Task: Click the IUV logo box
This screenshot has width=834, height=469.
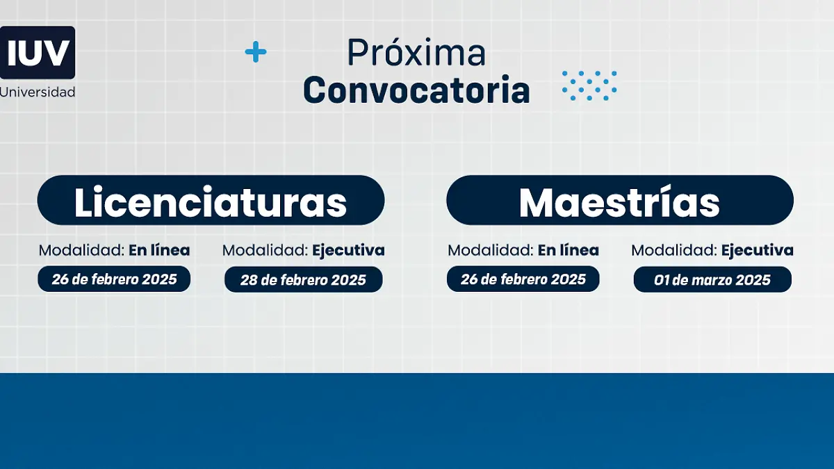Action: click(37, 52)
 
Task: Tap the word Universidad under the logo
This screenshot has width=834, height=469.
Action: click(38, 92)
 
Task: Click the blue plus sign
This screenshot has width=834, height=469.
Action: click(256, 52)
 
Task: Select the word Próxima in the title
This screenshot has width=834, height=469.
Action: click(416, 53)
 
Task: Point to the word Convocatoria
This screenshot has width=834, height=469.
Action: click(416, 90)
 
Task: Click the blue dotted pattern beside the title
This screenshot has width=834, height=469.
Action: click(589, 85)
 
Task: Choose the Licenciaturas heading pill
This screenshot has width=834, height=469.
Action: click(211, 201)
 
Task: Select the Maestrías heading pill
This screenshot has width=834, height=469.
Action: click(619, 201)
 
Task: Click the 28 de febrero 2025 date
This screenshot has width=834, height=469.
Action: click(303, 280)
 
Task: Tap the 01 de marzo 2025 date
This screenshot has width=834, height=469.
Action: click(712, 280)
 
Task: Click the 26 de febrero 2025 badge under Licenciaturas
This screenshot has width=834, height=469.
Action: click(114, 279)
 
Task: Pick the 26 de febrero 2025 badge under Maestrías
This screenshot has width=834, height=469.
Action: click(523, 279)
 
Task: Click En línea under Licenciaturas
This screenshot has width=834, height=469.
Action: click(159, 250)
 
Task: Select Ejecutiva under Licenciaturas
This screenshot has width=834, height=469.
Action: click(348, 250)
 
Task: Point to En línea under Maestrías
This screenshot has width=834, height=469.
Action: click(568, 250)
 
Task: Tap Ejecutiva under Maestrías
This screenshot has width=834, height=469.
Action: click(757, 250)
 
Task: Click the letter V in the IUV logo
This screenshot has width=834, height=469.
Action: click(58, 52)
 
